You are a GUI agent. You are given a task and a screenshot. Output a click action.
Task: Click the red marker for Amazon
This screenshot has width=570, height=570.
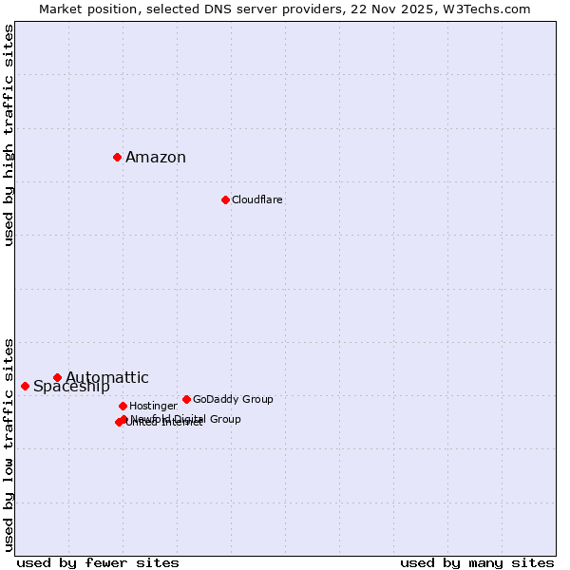pos(117,157)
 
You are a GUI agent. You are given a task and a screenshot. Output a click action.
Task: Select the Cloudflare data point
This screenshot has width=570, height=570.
pos(225,199)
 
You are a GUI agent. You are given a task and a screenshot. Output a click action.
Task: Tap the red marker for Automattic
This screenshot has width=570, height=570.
pos(57,377)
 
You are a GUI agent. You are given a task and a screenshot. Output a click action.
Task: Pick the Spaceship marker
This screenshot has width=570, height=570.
pos(25,386)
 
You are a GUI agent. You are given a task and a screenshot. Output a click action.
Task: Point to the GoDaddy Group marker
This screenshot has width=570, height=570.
pos(186,399)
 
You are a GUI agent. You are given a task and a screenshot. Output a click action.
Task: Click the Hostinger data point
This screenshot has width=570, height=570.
pos(123,406)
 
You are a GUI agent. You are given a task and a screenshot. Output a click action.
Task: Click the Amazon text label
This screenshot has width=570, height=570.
pos(156,158)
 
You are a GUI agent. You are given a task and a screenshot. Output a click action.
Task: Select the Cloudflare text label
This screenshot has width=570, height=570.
pos(257,199)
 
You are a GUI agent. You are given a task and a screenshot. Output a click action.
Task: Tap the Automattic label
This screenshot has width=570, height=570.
pos(107,377)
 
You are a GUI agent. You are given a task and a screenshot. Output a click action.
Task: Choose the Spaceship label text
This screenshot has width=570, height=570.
pos(71,387)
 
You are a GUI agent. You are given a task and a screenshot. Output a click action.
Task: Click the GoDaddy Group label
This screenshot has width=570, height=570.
pos(233,399)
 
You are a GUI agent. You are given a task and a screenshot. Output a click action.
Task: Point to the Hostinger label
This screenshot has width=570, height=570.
pos(153,406)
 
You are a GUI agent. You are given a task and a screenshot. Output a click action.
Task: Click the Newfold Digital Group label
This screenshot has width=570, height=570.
pos(186,419)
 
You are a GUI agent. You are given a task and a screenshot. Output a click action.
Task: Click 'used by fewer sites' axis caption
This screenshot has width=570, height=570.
pos(98,562)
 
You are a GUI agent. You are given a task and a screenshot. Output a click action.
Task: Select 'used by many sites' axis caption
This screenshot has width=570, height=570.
pos(477,562)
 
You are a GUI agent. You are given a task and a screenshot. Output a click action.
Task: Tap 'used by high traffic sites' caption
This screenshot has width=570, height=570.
pos(9,135)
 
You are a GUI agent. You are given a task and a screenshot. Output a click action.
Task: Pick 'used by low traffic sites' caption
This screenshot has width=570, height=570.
pos(9,444)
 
